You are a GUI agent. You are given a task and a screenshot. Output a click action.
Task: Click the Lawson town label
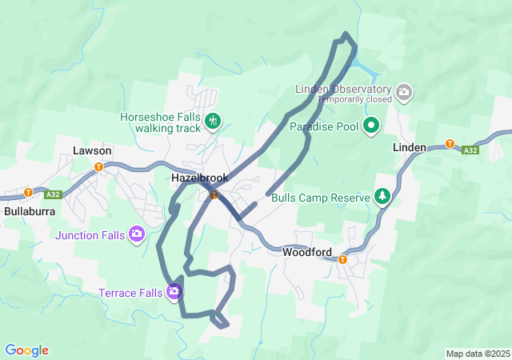click(x=92, y=150)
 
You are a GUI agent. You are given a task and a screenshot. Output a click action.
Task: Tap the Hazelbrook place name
click(x=200, y=178)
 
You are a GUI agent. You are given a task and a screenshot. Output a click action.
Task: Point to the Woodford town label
click(x=307, y=252)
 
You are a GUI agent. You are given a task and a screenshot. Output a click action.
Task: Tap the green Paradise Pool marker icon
click(x=371, y=126)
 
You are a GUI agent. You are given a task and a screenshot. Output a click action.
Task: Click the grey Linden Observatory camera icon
click(x=405, y=93)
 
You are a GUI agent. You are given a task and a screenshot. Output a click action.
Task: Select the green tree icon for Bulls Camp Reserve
click(x=383, y=197)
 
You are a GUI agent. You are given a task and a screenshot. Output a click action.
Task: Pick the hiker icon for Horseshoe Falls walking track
click(x=213, y=122)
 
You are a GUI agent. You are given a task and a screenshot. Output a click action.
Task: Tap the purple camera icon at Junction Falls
click(x=137, y=234)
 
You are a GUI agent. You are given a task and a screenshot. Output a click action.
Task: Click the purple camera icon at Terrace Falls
click(x=174, y=292)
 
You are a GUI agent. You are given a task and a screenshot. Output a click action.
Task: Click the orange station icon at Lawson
click(x=98, y=167)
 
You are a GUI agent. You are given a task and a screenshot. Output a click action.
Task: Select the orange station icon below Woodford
click(x=342, y=259)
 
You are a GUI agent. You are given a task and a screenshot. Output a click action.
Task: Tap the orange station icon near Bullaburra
click(x=28, y=192)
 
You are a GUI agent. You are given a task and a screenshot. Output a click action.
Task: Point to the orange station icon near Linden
click(x=450, y=145)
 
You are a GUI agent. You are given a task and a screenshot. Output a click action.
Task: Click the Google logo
click(x=26, y=350)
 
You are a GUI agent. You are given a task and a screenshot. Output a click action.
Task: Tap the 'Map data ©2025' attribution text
click(x=477, y=354)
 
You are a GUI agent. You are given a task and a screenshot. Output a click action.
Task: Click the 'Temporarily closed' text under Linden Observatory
click(x=354, y=100)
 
